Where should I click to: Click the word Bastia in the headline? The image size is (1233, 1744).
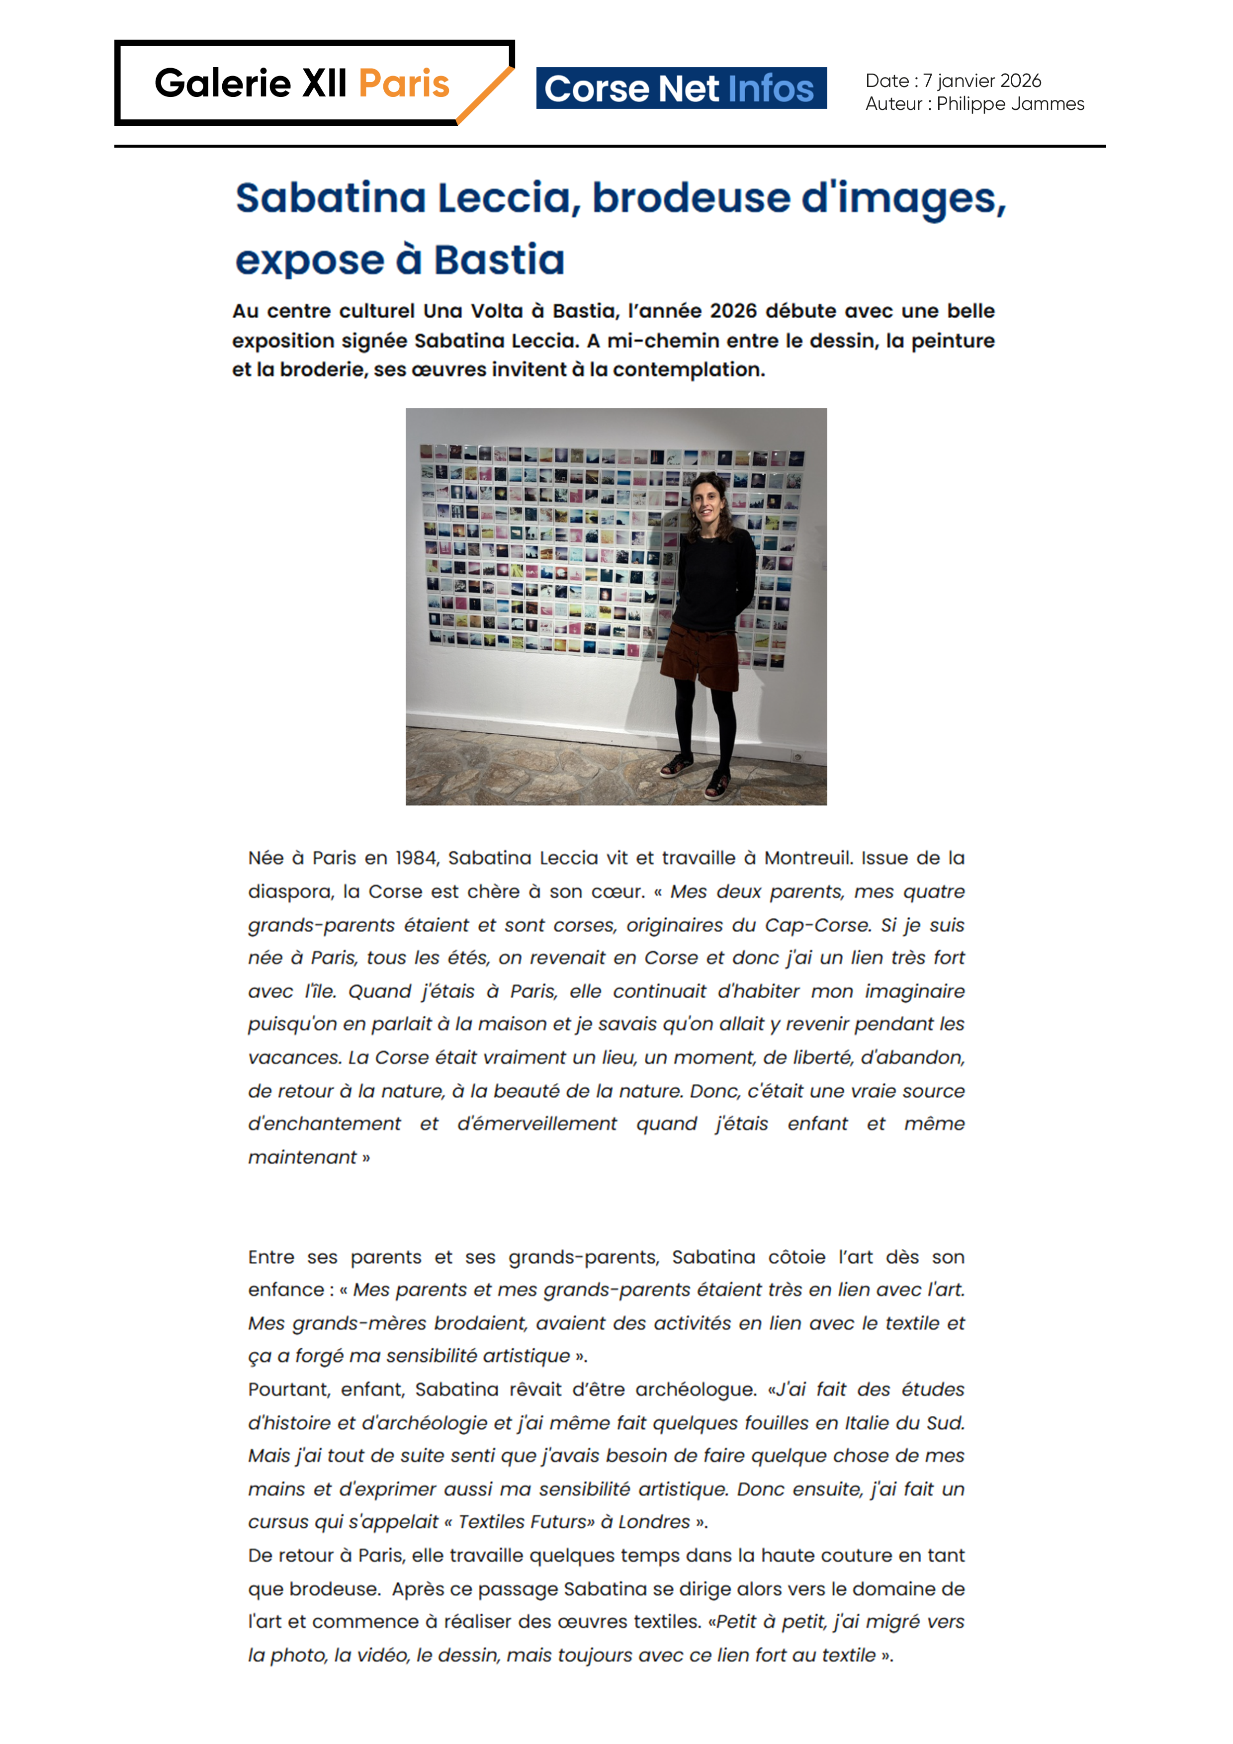(499, 260)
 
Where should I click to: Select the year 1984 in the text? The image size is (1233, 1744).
(416, 858)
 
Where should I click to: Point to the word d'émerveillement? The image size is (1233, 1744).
(536, 1124)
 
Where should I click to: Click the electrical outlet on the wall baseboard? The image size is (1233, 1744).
(797, 757)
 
